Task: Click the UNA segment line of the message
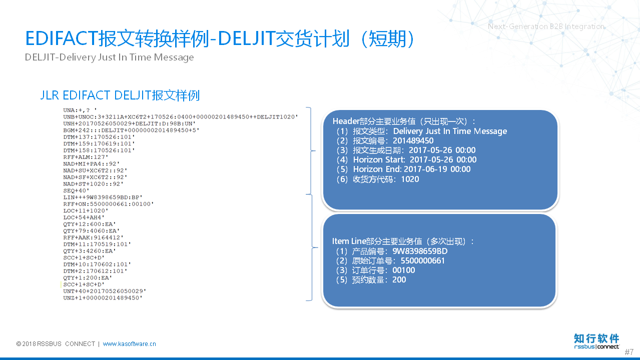[80, 110]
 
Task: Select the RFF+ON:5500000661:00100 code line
[108, 204]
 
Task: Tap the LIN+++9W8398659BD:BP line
[103, 197]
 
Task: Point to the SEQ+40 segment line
[76, 190]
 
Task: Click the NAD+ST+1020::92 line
[93, 184]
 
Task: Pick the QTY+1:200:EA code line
[88, 278]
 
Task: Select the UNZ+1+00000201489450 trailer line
[103, 298]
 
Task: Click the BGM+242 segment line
[131, 130]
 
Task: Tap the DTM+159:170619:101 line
[99, 143]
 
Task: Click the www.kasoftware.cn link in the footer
[130, 343]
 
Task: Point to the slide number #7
[629, 351]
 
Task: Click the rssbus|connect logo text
[596, 346]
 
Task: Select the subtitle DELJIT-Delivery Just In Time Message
[109, 57]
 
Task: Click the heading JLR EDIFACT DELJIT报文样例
[120, 95]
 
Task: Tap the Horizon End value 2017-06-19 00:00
[437, 169]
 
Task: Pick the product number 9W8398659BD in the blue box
[420, 251]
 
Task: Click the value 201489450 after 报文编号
[413, 140]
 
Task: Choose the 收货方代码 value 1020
[410, 179]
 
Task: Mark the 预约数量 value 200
[399, 280]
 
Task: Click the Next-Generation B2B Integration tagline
[546, 26]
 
